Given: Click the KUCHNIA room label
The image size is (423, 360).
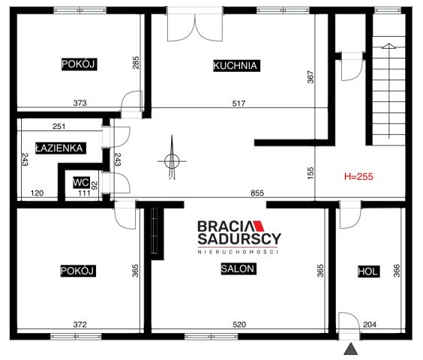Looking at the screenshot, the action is click(236, 65).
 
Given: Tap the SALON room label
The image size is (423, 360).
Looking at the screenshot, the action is click(238, 268).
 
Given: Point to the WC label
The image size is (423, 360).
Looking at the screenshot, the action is click(81, 182).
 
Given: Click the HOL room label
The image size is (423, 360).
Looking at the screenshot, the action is click(368, 271).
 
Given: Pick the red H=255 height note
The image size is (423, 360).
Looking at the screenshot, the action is click(358, 177).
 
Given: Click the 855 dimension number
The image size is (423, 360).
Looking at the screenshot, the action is click(257, 193).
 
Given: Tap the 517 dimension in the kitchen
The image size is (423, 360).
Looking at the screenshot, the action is click(238, 103).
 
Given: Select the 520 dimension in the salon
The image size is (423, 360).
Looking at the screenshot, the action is click(239, 325).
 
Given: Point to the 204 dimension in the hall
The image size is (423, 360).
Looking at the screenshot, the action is click(370, 325).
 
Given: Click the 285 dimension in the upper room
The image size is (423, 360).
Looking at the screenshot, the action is click(136, 62).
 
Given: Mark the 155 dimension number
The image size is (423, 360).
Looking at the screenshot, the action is click(310, 173).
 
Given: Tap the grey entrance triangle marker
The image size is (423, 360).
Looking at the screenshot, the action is click(351, 349).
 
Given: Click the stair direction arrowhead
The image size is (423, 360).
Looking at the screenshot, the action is click(388, 46).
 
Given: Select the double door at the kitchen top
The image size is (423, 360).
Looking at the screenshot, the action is click(195, 24).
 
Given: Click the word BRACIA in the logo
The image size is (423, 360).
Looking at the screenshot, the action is click(225, 226).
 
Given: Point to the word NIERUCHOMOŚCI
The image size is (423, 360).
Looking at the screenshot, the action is click(238, 252).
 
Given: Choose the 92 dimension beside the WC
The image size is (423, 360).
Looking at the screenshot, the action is click(94, 185).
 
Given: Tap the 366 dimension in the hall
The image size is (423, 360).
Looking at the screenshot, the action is click(397, 271).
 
